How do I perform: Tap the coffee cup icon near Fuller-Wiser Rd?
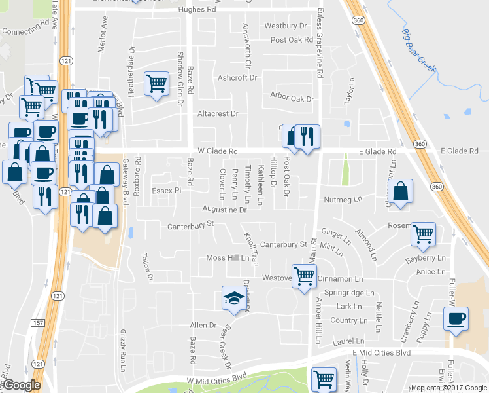456,320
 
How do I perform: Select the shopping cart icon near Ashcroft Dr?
156,84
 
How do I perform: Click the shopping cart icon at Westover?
304,276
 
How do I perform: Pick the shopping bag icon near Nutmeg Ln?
401,192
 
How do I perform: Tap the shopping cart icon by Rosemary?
424,233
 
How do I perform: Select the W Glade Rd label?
217,151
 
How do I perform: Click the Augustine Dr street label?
225,210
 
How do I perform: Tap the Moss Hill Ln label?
228,258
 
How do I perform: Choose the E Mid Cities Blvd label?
380,352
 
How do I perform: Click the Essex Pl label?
166,191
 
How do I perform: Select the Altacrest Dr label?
217,113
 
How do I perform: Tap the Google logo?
22,385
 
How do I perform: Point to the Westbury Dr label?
285,26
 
